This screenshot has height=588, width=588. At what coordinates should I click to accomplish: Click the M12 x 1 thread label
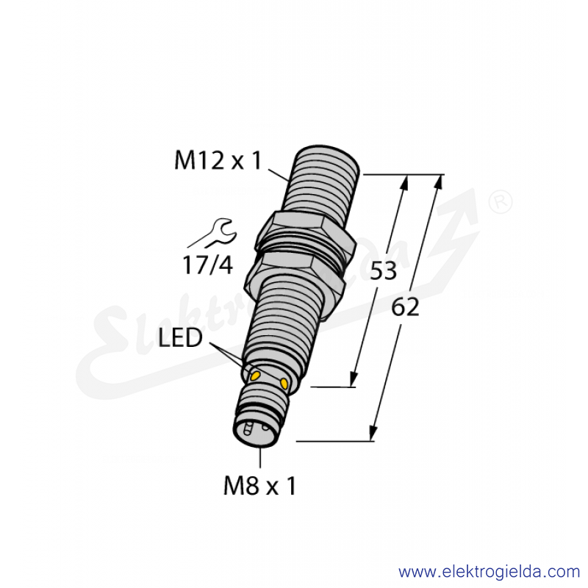[x=218, y=160]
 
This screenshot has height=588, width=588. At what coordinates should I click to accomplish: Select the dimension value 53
[x=383, y=270]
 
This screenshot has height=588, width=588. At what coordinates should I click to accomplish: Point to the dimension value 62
[x=405, y=307]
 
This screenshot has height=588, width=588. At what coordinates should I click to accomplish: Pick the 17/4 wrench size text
[x=208, y=265]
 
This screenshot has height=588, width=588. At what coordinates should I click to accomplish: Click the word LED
[x=180, y=337]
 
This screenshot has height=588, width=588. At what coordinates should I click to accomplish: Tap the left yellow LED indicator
[x=256, y=376]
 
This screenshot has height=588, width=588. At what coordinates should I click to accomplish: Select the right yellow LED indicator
[x=284, y=383]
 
